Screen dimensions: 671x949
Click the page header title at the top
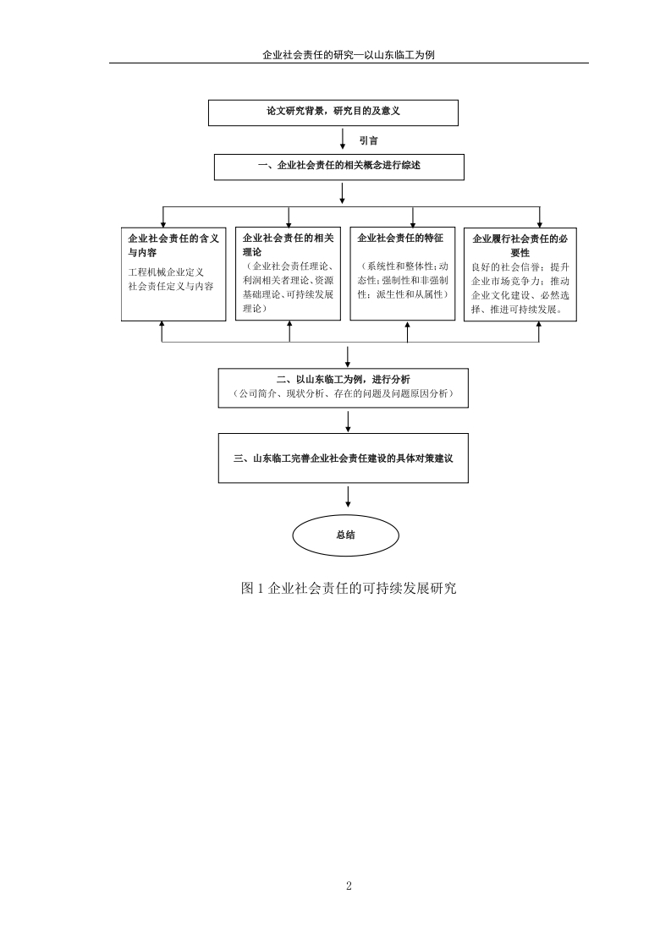[349, 54]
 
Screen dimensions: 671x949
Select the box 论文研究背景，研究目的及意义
[333, 112]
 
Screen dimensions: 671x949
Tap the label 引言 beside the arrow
[368, 140]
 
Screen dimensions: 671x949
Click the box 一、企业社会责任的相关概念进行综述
[339, 167]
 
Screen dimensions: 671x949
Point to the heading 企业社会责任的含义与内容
[173, 245]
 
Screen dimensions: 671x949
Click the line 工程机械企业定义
[165, 272]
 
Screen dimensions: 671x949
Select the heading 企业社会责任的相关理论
[289, 245]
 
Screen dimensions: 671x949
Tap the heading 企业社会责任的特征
[400, 239]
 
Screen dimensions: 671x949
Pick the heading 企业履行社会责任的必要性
[520, 246]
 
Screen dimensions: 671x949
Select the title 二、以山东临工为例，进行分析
[344, 380]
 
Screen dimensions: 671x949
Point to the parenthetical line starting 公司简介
[344, 394]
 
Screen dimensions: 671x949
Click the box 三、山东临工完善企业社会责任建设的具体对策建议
[344, 458]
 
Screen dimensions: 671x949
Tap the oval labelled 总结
[346, 535]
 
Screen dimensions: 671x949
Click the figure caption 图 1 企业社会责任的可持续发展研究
[349, 588]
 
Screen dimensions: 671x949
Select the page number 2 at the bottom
[349, 886]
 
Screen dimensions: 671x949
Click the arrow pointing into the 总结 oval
[348, 496]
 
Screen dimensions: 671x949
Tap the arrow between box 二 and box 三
[348, 422]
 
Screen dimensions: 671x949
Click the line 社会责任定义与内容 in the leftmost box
[171, 286]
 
